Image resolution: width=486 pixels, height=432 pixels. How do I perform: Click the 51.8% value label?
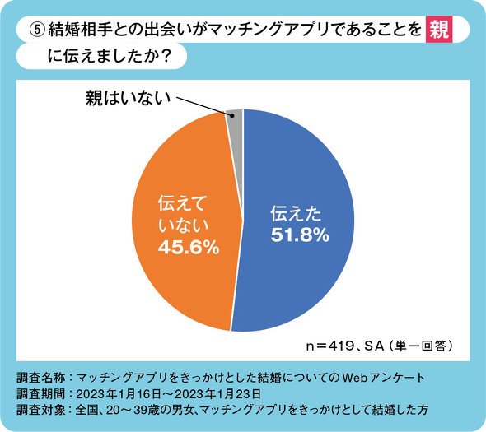coord(300,235)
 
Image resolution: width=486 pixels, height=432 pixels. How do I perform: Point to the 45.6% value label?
coord(189,248)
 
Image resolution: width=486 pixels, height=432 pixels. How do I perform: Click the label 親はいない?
coord(128,98)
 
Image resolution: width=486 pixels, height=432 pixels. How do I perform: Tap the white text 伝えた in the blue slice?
coord(296,214)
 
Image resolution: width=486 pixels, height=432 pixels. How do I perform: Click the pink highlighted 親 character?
coord(439,30)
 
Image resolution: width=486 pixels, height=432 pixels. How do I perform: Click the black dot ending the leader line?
coord(231,115)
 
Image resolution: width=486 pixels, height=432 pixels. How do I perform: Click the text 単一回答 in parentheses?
coord(421,346)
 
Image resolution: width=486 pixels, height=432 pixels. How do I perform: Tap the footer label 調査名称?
coord(40,379)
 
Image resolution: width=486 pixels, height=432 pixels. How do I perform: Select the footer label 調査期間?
coord(40,394)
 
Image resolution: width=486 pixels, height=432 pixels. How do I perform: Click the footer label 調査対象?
coord(40,410)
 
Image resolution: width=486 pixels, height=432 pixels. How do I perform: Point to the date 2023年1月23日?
coord(217,394)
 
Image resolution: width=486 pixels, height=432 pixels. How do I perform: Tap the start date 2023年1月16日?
coord(119,394)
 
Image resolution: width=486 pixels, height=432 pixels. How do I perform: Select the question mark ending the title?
coord(166,56)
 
